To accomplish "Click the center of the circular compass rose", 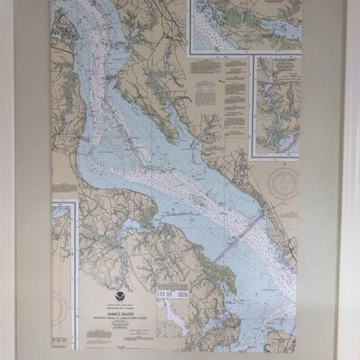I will pyautogui.click(x=285, y=185).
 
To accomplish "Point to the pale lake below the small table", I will pyautogui.click(x=171, y=319).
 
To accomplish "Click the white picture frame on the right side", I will pyautogui.click(x=353, y=180).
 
